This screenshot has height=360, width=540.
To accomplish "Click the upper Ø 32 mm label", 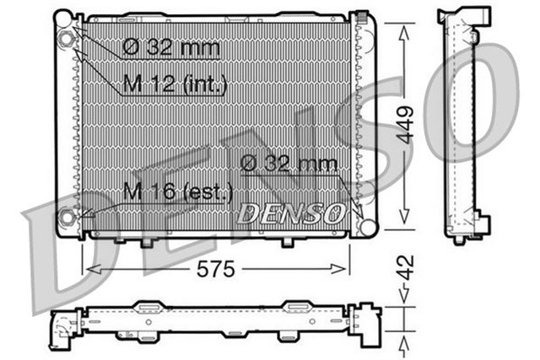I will pos(171,47).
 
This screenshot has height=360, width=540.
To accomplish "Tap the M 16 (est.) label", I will pos(177,192).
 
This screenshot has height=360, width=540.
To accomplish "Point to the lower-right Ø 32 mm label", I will pos(289,164).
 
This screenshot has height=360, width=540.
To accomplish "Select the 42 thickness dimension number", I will pos(407,268).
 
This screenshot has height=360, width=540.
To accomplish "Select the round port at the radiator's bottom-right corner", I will pos(365,225).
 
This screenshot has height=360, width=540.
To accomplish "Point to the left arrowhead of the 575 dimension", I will pos(88,268).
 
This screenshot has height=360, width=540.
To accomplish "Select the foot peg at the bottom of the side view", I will pos(458,240).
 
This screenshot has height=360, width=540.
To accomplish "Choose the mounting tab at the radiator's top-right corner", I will pos(362,19).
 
